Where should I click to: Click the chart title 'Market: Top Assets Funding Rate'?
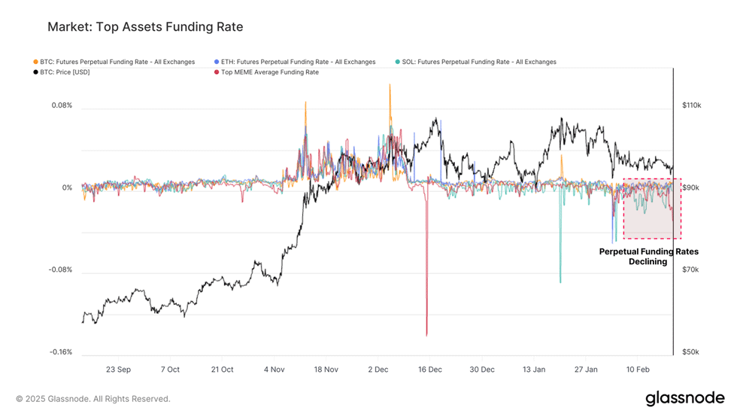[x=145, y=27]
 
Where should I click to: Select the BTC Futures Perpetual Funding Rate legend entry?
[x=114, y=62]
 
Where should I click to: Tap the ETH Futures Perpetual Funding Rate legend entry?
[x=295, y=62]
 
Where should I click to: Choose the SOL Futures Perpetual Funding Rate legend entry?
[x=476, y=62]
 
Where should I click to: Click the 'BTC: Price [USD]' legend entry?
[x=62, y=72]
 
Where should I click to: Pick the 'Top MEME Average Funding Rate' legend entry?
[x=267, y=72]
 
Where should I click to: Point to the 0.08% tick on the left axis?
[x=62, y=105]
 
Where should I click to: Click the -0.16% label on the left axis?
[x=61, y=352]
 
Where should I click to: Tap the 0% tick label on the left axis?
[x=67, y=187]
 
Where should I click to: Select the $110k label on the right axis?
[x=691, y=105]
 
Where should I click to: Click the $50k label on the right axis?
[x=690, y=352]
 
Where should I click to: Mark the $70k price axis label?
[x=690, y=269]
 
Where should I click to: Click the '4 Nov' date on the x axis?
[x=274, y=370]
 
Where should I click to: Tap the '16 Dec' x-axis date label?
[x=430, y=370]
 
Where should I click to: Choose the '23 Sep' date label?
[x=119, y=370]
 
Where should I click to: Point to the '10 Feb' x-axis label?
[x=638, y=370]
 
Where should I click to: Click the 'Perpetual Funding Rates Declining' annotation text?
[x=648, y=257]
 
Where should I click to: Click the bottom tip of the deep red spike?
[x=426, y=336]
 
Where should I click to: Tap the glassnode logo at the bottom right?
[x=685, y=399]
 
